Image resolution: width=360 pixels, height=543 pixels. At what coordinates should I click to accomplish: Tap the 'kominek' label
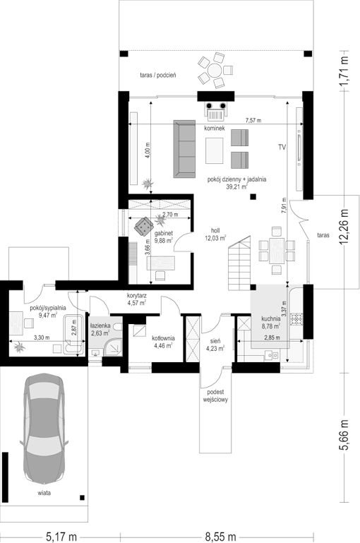point(215,128)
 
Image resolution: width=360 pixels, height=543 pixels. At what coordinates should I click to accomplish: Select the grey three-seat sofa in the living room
point(184,149)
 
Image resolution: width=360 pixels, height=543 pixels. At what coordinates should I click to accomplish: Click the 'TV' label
point(282,147)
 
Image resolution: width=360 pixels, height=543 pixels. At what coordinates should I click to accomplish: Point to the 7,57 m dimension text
point(253,121)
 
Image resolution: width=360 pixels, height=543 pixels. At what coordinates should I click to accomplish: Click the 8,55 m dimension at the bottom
point(220,537)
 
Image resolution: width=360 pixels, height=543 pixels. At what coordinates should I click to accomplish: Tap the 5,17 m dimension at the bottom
point(61,537)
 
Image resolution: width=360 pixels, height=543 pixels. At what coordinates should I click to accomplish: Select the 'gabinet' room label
point(164,234)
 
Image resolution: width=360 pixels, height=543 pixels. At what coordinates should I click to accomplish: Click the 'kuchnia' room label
point(270,320)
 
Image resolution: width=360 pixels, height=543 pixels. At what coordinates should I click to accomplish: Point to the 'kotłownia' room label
point(163,338)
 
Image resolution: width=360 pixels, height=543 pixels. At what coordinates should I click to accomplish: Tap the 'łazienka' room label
point(100,326)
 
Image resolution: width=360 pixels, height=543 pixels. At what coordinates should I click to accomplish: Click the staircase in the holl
point(239,263)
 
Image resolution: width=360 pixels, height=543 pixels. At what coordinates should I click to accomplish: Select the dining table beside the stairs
point(277,251)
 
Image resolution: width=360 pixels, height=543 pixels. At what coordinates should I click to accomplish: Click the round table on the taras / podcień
point(215,71)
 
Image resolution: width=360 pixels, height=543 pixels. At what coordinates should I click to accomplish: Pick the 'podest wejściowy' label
point(215,396)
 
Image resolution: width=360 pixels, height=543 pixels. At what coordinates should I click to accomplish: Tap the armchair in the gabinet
point(144,226)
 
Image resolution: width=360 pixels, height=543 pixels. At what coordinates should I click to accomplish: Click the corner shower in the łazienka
point(113,347)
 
